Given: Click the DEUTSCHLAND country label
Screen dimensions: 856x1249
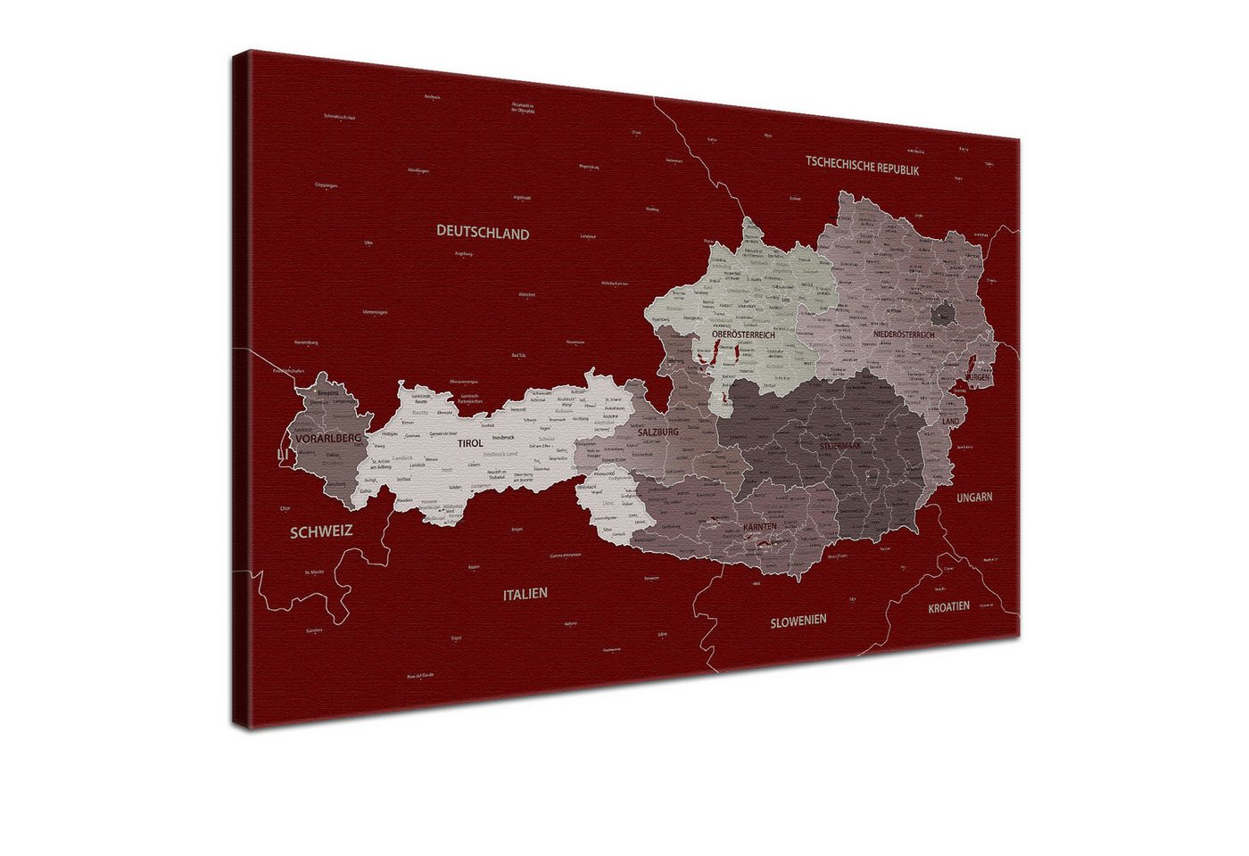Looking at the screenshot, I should pos(483,233).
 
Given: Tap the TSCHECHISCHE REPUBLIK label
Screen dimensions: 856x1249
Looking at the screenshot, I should pos(862,165).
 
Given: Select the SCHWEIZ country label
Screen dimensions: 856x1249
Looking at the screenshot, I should pos(321,531).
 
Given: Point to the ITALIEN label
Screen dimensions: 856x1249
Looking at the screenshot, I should pos(525,593).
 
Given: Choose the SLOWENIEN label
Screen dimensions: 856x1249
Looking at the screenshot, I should pos(798,620).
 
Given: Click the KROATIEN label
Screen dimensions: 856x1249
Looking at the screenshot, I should pos(948,606).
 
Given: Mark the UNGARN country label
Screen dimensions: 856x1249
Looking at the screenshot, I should pos(974,498).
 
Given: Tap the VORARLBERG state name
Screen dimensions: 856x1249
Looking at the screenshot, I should pos(327,438).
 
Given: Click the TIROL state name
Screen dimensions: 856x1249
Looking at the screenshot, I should pos(470,443).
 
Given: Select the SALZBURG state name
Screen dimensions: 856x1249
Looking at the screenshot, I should pos(658,432).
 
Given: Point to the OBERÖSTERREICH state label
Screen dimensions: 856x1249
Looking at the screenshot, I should pos(743,335).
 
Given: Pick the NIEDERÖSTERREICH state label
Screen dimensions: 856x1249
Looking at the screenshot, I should pos(904,334).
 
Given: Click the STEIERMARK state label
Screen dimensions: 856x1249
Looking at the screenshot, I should pos(840,445).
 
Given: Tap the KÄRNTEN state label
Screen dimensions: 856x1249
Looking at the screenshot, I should pos(759,527).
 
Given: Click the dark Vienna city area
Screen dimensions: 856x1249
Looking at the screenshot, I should pos(943,313).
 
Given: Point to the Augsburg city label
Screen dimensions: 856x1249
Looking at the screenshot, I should pos(463,253).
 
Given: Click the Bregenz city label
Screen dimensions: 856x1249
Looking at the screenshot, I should pos(328,392).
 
